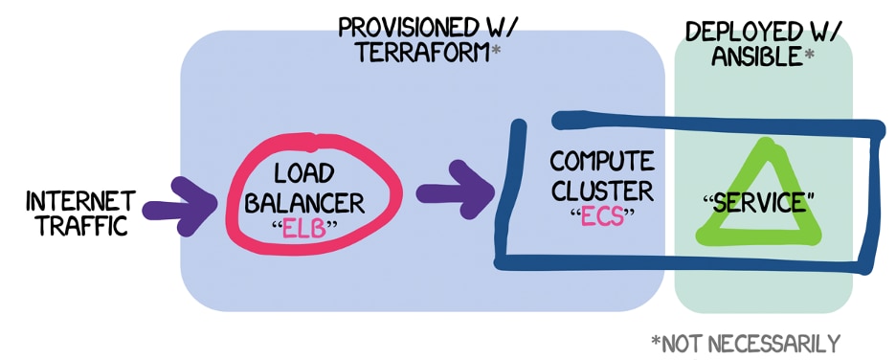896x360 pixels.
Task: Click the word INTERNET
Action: click(x=80, y=203)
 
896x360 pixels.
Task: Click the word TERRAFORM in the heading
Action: click(x=420, y=54)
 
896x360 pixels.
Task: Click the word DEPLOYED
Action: click(x=743, y=32)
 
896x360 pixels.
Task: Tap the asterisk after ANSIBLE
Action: click(x=810, y=55)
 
